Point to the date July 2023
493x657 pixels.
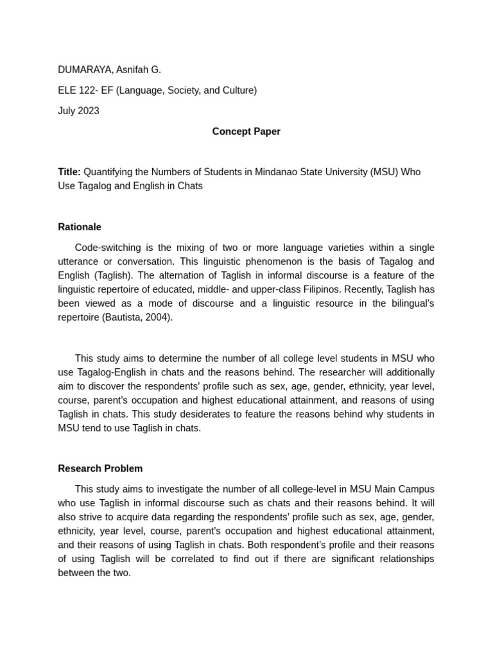point(78,111)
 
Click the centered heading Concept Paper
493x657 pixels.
point(246,132)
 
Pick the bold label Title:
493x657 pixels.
point(69,172)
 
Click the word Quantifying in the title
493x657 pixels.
point(108,172)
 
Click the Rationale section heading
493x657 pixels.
point(80,227)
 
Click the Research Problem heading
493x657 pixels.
point(100,468)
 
